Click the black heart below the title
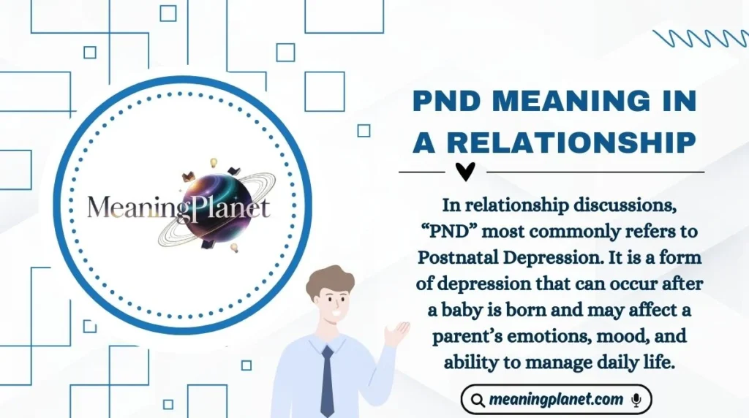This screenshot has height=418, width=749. tap(465, 172)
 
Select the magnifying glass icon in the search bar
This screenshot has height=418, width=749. tap(478, 400)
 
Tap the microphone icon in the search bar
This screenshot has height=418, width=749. tap(636, 400)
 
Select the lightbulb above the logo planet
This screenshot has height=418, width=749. tap(215, 161)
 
